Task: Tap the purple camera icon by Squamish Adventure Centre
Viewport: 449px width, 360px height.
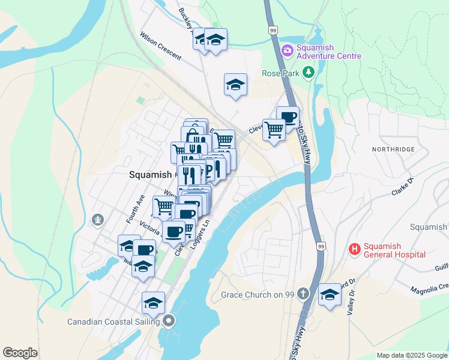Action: coord(287,49)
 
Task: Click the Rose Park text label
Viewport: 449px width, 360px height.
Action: coord(280,73)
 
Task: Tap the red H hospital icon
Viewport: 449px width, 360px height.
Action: coord(354,248)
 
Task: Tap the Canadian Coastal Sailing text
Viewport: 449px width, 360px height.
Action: coord(113,321)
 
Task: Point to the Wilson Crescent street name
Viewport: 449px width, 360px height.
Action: coord(160,45)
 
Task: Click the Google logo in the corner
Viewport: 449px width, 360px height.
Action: coord(20,353)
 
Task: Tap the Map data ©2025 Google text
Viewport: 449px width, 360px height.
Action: coord(411,355)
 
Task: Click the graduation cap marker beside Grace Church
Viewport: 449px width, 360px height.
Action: coord(330,294)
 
